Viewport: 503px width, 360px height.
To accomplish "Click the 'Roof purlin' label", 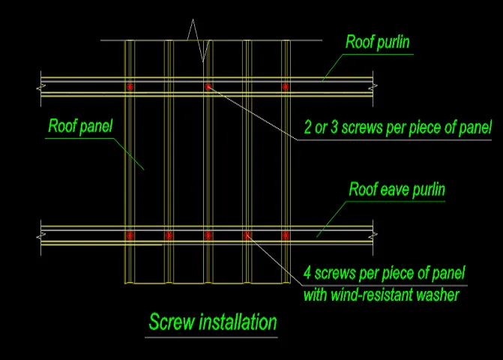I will point(377,42).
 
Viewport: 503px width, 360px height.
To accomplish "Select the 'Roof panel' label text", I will point(80,126).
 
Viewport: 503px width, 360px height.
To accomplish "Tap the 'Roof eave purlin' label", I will point(397,189).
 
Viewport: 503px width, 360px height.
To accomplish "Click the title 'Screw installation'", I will point(212,322).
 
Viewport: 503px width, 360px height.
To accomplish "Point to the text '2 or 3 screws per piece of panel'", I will point(397,127).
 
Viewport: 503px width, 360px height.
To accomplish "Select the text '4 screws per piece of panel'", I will point(385,271).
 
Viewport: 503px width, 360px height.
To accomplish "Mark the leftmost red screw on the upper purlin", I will point(130,87).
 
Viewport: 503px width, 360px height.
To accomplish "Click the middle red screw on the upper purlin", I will point(208,87).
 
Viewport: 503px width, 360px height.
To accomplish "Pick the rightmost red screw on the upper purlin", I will point(285,87).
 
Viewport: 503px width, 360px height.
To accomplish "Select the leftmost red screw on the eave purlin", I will point(130,235).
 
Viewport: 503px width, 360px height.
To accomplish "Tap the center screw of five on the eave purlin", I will point(208,235).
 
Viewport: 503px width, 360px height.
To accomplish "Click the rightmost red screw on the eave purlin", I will point(285,235).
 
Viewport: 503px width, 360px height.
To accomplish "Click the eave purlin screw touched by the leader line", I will point(247,235).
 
